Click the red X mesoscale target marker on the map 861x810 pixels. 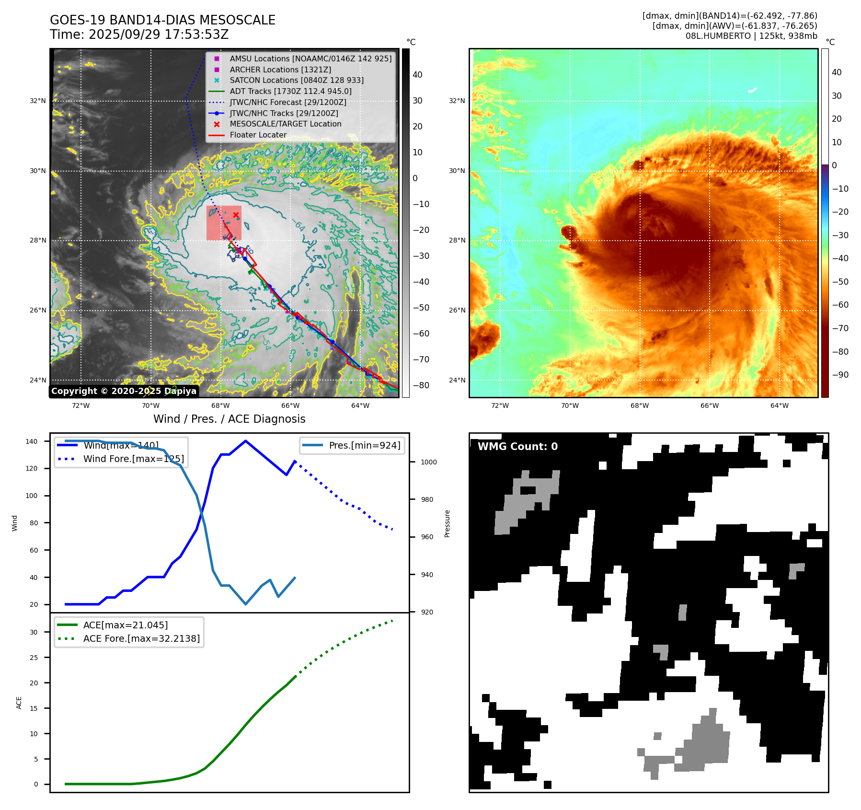(236, 215)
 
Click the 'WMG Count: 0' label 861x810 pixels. (517, 447)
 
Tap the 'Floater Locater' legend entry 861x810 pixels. (258, 135)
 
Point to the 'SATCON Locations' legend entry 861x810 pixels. (296, 80)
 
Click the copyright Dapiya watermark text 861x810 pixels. (124, 391)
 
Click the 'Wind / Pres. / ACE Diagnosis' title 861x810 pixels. (229, 419)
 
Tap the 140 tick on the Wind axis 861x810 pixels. (32, 441)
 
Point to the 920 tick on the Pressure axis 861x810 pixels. (426, 612)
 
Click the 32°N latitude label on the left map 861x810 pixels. (38, 101)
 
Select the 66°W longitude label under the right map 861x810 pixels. (709, 405)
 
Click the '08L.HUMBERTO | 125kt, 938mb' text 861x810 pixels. (751, 36)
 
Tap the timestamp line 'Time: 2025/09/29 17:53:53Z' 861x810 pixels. (139, 35)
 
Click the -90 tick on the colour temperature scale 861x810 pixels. (840, 375)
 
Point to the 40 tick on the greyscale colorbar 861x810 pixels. (417, 75)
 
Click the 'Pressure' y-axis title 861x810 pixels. (447, 523)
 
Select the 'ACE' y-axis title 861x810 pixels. (19, 703)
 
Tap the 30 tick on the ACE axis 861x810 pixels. (34, 632)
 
